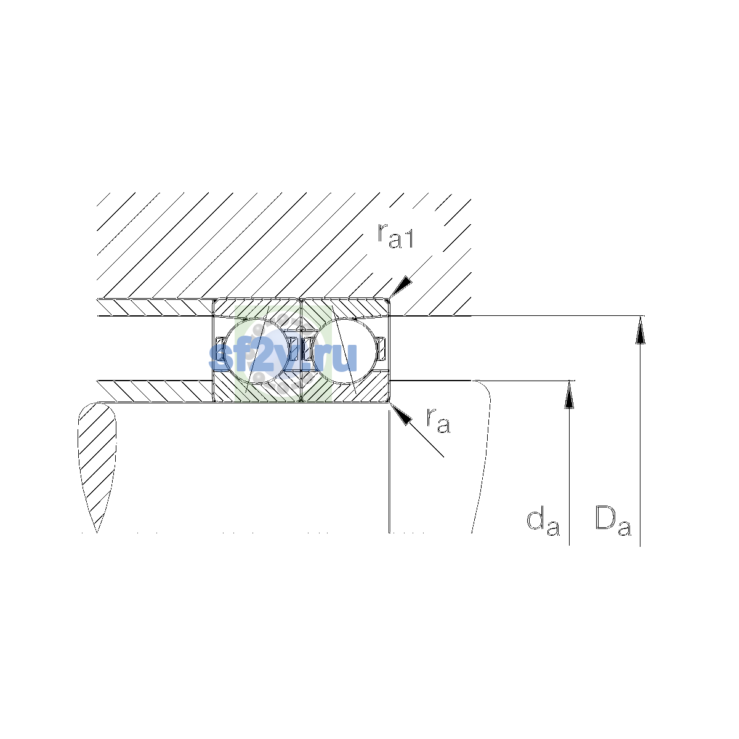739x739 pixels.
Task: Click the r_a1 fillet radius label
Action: [x=395, y=235]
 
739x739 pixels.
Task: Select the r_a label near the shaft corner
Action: [x=438, y=421]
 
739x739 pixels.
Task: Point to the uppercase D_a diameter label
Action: [x=613, y=521]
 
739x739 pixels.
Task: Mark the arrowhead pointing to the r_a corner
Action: [x=401, y=414]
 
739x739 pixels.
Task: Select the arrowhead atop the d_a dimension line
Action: [x=569, y=395]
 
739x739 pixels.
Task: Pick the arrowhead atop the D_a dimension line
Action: [x=640, y=330]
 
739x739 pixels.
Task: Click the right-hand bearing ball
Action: [x=344, y=352]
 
